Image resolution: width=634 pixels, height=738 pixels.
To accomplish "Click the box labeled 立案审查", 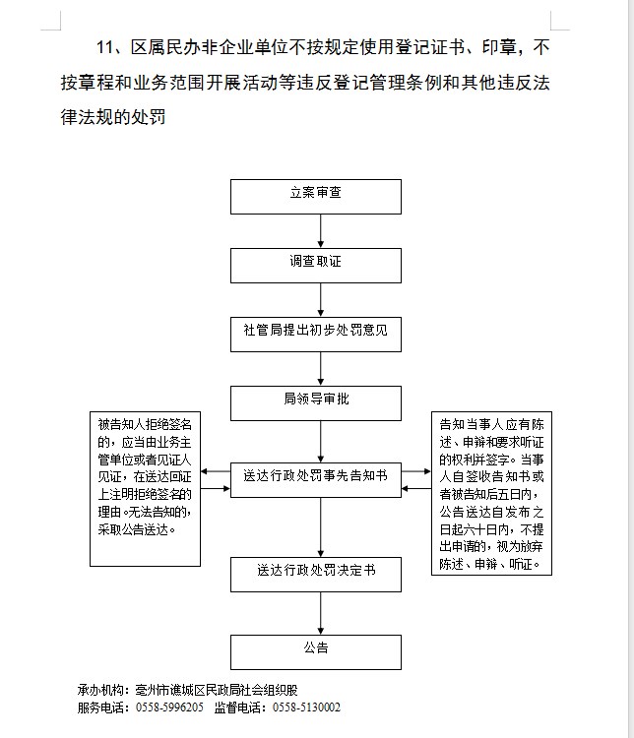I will (316, 196).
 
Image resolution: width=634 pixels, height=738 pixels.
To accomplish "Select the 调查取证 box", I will (316, 265).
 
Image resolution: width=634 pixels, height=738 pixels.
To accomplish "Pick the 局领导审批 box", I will (316, 402).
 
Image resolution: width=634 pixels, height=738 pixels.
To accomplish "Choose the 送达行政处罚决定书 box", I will (316, 573).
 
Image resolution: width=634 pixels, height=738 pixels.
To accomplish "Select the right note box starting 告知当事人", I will (491, 495).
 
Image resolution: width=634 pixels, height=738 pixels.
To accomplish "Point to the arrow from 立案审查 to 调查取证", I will (322, 231).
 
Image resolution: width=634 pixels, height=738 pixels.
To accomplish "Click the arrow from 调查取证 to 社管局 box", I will (322, 299).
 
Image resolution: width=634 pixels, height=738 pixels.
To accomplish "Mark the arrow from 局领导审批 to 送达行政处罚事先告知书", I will (322, 439).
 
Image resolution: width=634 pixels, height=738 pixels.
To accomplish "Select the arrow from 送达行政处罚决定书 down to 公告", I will (322, 613).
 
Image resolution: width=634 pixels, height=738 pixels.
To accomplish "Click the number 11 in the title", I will (106, 46).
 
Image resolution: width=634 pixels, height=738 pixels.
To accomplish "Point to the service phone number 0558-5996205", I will (168, 707).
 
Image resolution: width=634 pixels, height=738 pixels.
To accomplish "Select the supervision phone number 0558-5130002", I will (306, 707).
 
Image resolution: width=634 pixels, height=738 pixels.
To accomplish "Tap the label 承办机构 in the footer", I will (102, 689).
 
